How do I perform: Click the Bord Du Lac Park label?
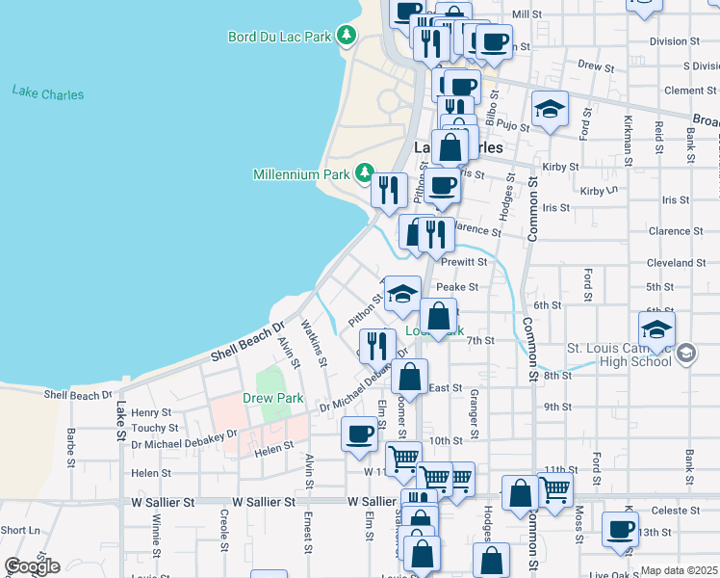(278, 37)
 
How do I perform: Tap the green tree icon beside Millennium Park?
(364, 173)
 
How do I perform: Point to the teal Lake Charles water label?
(48, 93)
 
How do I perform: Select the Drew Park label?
(272, 398)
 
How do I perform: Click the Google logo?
(31, 565)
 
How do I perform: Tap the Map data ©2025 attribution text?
(679, 570)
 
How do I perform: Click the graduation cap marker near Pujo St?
(550, 110)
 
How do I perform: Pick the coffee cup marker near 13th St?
(620, 528)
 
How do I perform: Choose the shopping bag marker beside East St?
(409, 377)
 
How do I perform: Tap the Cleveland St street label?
(677, 263)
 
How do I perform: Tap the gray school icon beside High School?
(684, 353)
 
